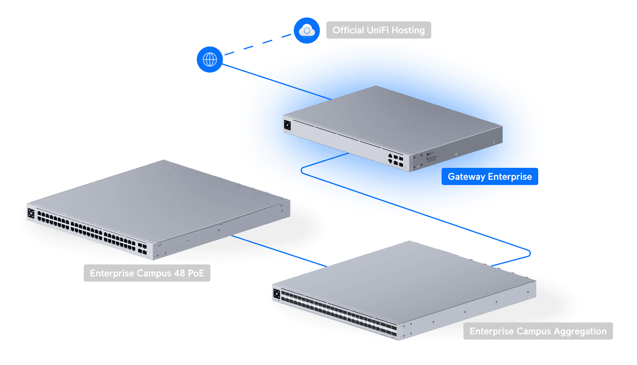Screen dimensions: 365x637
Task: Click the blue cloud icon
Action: pyautogui.click(x=307, y=30)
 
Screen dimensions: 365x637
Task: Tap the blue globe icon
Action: pyautogui.click(x=210, y=59)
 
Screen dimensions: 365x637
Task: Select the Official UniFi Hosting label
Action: pyautogui.click(x=378, y=30)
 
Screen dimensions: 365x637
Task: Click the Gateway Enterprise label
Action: pyautogui.click(x=490, y=177)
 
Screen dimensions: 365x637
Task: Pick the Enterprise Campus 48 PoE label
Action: pyautogui.click(x=147, y=273)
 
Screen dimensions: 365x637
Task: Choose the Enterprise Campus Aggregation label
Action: pyautogui.click(x=538, y=331)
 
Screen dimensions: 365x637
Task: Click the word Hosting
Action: pyautogui.click(x=408, y=30)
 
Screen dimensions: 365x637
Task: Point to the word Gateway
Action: pyautogui.click(x=466, y=177)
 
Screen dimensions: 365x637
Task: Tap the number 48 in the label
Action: pyautogui.click(x=179, y=273)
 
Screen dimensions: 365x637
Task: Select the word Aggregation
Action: pyautogui.click(x=580, y=332)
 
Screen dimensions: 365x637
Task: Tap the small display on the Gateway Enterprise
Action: pyautogui.click(x=287, y=125)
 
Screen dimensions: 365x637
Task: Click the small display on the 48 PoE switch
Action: pyautogui.click(x=31, y=214)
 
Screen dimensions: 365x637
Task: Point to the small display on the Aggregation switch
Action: pyautogui.click(x=277, y=294)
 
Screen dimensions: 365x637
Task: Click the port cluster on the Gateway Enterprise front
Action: pyautogui.click(x=395, y=160)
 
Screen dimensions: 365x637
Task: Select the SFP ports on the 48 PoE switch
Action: pyautogui.click(x=142, y=249)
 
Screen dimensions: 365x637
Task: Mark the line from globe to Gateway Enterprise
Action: pyautogui.click(x=245, y=71)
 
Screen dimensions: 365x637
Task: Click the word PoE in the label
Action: pyautogui.click(x=196, y=273)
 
